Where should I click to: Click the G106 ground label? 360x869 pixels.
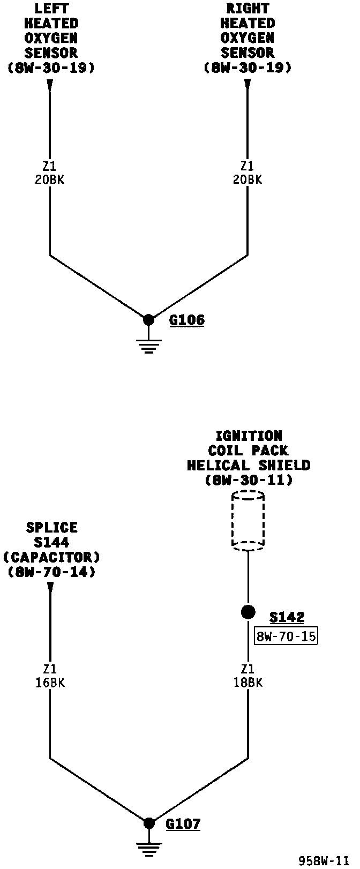(187, 320)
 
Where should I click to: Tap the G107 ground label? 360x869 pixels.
(183, 823)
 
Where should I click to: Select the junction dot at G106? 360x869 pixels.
(149, 320)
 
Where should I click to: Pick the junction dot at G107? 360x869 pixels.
(149, 823)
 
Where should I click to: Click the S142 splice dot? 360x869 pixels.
(247, 612)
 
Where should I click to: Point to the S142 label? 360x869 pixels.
(287, 618)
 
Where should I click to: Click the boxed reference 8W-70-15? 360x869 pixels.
(286, 636)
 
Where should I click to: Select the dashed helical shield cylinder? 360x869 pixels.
(247, 520)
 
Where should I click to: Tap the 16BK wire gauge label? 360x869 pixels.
(50, 683)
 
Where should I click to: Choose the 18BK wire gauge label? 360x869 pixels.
(247, 683)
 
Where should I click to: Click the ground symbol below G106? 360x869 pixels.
(149, 347)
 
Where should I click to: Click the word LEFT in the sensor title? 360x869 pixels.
(50, 9)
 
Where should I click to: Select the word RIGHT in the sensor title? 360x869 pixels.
(247, 9)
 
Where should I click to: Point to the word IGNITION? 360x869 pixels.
(248, 436)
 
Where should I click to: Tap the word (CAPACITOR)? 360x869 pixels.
(51, 557)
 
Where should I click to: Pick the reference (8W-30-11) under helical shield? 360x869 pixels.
(249, 481)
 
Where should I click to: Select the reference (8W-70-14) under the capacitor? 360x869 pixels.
(51, 572)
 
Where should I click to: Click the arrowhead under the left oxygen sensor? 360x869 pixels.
(50, 85)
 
